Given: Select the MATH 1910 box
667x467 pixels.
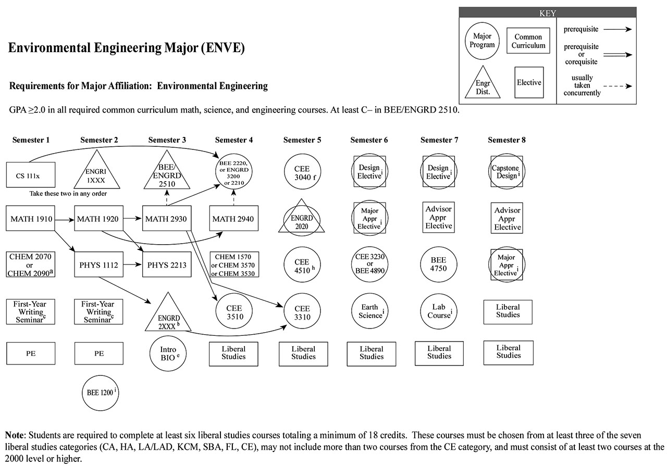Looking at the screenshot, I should point(31,219).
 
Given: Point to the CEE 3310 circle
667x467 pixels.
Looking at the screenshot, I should point(302,312).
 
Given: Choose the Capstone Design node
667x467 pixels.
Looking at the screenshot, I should point(508,172).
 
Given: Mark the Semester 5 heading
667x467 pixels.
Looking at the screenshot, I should point(302,140).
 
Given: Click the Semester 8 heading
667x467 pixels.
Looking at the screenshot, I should point(507,140).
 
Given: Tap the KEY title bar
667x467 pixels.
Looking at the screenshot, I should point(547,13).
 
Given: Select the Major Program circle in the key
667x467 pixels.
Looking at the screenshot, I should point(482,41).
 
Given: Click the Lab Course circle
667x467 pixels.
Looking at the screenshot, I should point(439,311).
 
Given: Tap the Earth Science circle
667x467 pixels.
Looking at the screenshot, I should point(370,311).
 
